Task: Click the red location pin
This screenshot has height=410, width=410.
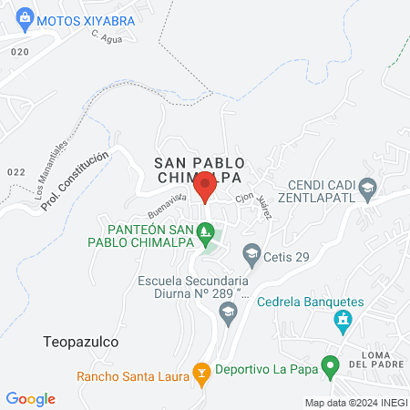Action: coord(205,186)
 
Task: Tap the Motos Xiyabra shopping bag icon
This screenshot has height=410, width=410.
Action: coord(26,17)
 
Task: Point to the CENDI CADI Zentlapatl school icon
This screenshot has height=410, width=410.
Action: coord(367,190)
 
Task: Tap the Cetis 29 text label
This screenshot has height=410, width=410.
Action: coord(288,257)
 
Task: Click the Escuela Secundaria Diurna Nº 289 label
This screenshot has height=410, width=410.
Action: coord(193,288)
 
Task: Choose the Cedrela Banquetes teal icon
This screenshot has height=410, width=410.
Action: coord(343,320)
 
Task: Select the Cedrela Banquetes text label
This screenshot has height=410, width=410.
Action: coord(310,302)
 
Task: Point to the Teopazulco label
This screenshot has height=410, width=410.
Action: coord(81,342)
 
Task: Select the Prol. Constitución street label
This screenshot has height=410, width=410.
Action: coord(76,180)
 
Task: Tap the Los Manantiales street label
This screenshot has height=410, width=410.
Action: coord(51,168)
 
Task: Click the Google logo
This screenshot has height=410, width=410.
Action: coord(31,398)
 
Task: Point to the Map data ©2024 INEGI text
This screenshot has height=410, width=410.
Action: coord(355,403)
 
